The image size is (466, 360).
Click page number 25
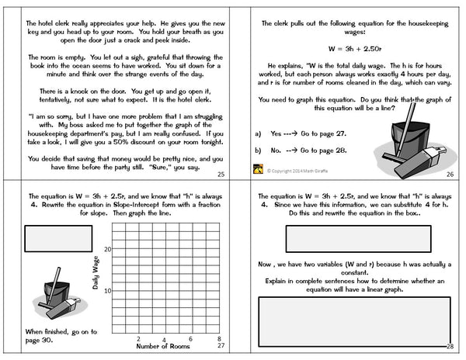pyautogui.click(x=221, y=175)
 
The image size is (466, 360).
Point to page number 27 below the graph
pyautogui.click(x=221, y=347)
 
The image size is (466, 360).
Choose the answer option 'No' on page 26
pyautogui.click(x=271, y=150)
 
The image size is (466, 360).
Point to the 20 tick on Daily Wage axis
pyautogui.click(x=108, y=249)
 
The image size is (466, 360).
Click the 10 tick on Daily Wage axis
pyautogui.click(x=108, y=291)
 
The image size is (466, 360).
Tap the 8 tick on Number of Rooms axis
pyautogui.click(x=221, y=339)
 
